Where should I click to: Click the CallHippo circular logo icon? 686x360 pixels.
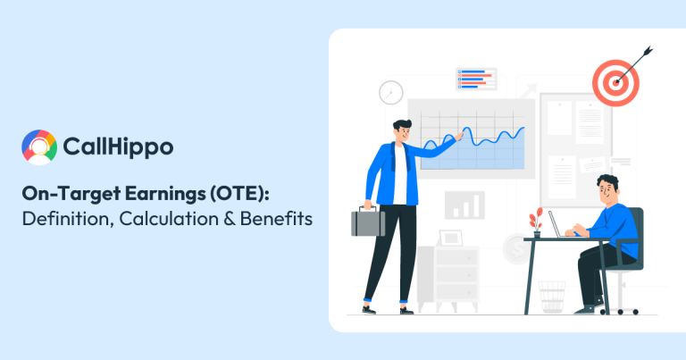(39, 147)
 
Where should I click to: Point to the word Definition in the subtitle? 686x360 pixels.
(63, 217)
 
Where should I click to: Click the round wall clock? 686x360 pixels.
(390, 92)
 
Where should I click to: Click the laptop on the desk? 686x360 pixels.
(559, 224)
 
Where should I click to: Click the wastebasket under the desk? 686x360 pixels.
(551, 297)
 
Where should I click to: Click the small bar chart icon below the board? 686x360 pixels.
(464, 205)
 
